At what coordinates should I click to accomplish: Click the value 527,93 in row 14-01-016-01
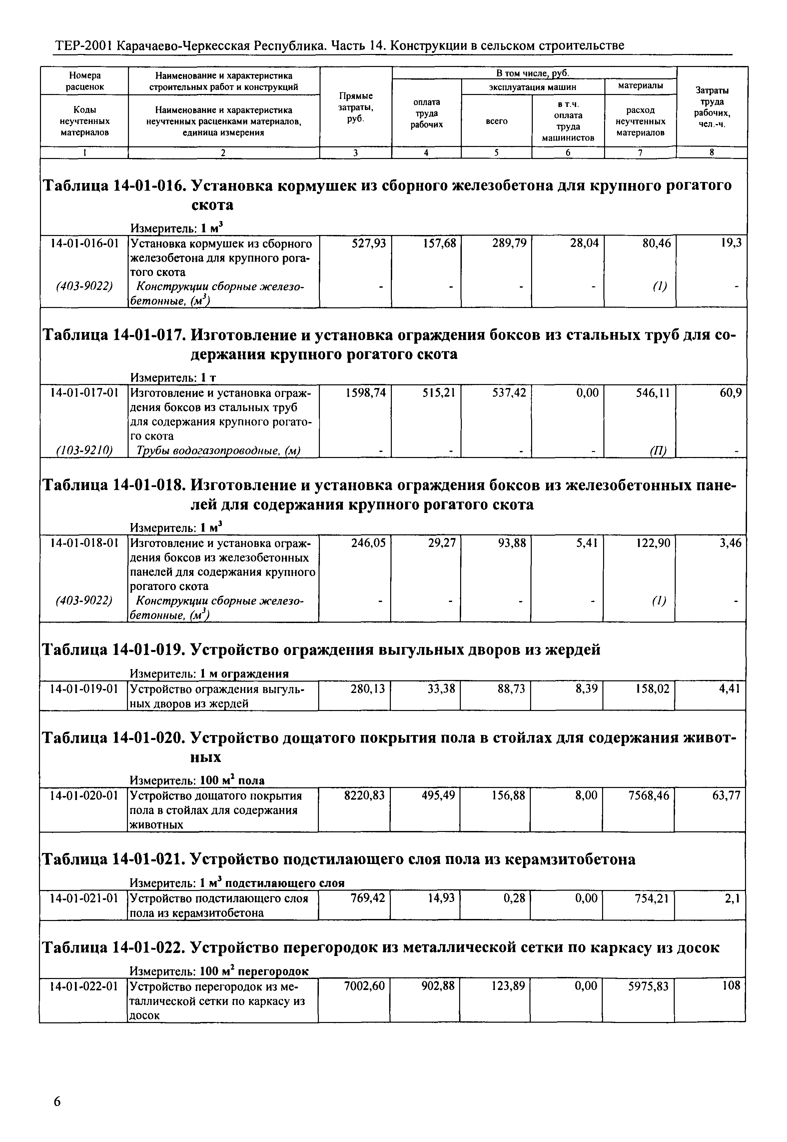click(369, 243)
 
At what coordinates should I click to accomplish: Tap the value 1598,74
click(366, 393)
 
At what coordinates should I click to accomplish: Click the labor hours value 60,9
click(731, 393)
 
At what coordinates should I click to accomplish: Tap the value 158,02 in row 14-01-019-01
click(653, 689)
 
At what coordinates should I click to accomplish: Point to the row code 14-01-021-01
click(84, 899)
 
